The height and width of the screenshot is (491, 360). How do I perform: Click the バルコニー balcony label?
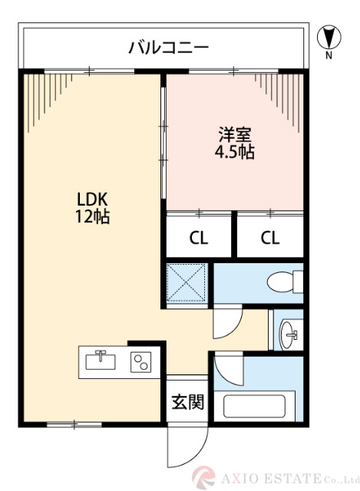point(168,48)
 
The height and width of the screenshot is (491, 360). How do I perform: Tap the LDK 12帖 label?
point(92,208)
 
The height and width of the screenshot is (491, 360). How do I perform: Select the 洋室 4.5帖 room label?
point(234,142)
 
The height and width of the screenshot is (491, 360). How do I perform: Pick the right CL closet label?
point(269,237)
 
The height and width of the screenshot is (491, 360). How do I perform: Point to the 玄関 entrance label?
point(187,402)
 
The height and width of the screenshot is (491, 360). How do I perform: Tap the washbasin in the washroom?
point(290,332)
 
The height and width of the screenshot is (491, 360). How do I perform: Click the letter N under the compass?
point(329,56)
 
